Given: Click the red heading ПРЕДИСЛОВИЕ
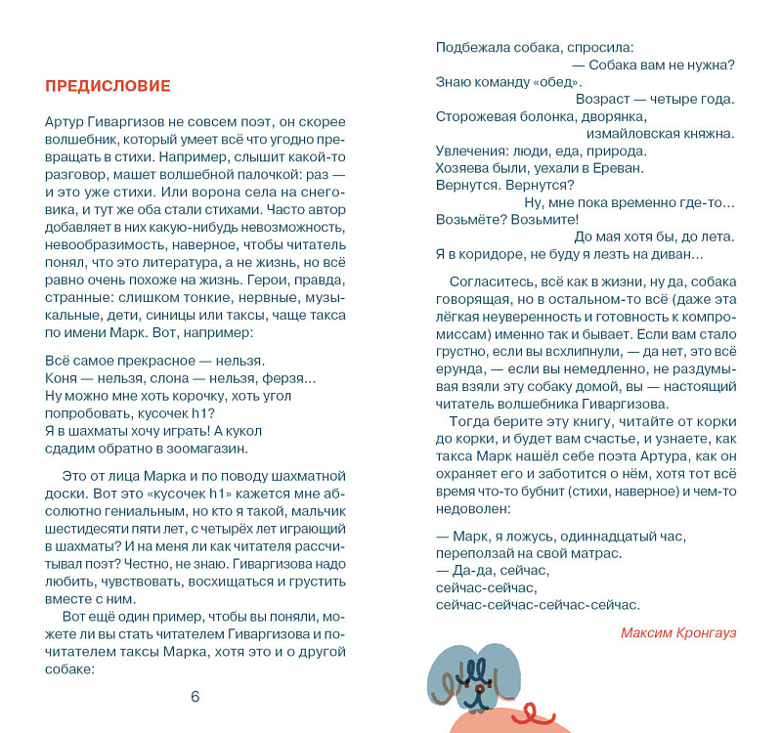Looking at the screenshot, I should [x=108, y=86].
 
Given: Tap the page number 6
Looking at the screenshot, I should [x=195, y=696].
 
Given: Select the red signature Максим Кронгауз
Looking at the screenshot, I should [x=678, y=632].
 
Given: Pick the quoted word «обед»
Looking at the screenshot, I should [x=540, y=82].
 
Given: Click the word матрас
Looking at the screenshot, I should [x=598, y=552].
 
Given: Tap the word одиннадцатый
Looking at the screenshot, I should [x=600, y=536].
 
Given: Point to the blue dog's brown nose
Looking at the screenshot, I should [x=478, y=691].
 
